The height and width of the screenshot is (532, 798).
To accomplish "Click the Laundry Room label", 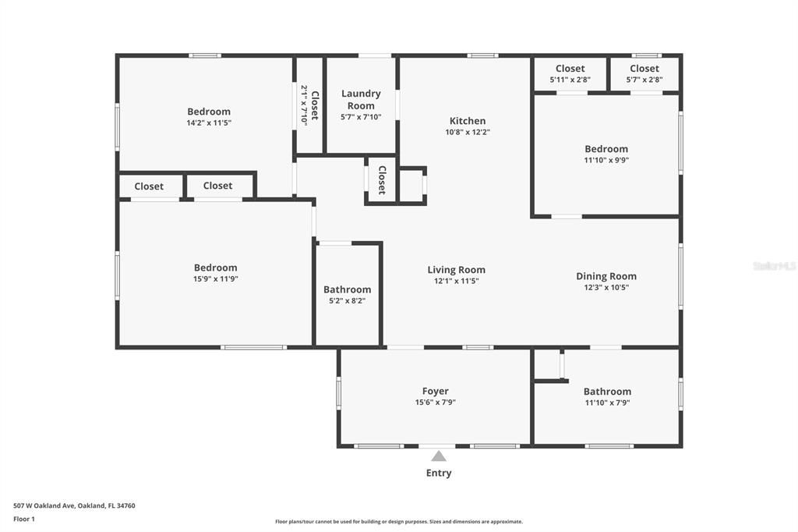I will click(x=361, y=99).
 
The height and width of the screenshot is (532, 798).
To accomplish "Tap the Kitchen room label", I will click(x=468, y=121).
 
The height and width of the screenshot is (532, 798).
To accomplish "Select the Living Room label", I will click(x=456, y=270).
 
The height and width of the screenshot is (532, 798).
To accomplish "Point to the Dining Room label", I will click(x=606, y=276).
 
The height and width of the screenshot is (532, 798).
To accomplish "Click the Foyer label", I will click(x=436, y=392).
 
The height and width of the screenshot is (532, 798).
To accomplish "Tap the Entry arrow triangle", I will click(x=439, y=456).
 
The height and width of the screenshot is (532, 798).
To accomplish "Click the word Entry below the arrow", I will click(x=439, y=473).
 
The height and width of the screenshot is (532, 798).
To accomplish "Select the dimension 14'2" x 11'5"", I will click(x=209, y=122).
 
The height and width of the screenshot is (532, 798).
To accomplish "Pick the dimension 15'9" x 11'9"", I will click(x=216, y=278).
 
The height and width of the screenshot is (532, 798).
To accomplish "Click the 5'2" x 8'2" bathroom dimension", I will click(x=347, y=300).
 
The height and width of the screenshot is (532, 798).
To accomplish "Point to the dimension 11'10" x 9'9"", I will click(x=606, y=160).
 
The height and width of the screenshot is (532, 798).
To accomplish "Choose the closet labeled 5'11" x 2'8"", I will click(x=570, y=74).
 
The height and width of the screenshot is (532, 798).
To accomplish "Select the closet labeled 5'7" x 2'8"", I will click(x=644, y=74).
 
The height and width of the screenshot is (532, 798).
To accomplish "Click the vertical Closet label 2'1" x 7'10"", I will click(x=310, y=105).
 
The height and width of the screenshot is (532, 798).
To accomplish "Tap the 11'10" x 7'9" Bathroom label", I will click(x=607, y=397).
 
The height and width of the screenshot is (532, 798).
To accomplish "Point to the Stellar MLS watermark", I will click(x=775, y=266).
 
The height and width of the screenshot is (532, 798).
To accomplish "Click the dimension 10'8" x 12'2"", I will click(x=468, y=132).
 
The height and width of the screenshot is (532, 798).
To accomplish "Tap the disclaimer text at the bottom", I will click(x=399, y=522).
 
